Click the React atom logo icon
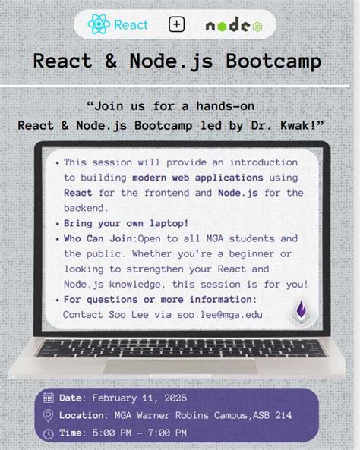point(99,24)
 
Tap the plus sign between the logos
point(177,24)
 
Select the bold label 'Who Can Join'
point(98,238)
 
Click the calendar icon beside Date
point(49,397)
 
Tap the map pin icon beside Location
point(49,415)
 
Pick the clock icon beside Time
point(49,433)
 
